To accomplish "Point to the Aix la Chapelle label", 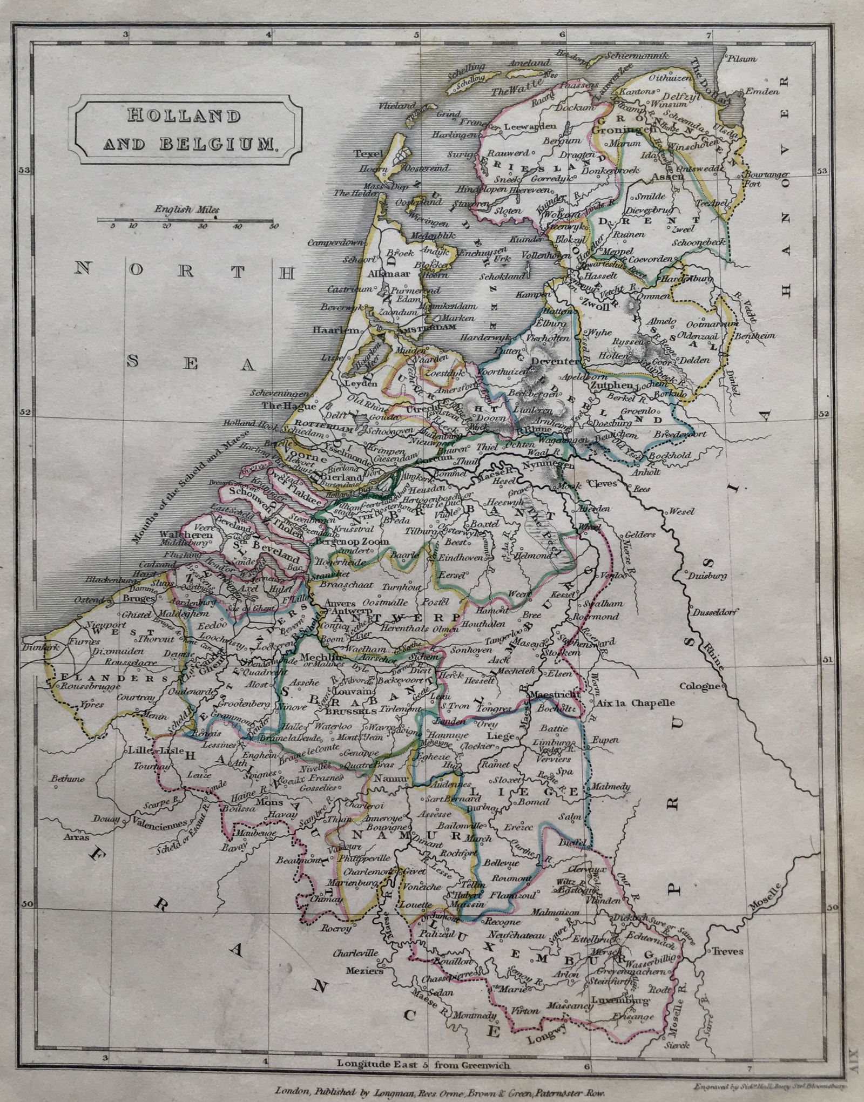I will click(x=634, y=704).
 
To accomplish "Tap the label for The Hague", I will click(x=280, y=405).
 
